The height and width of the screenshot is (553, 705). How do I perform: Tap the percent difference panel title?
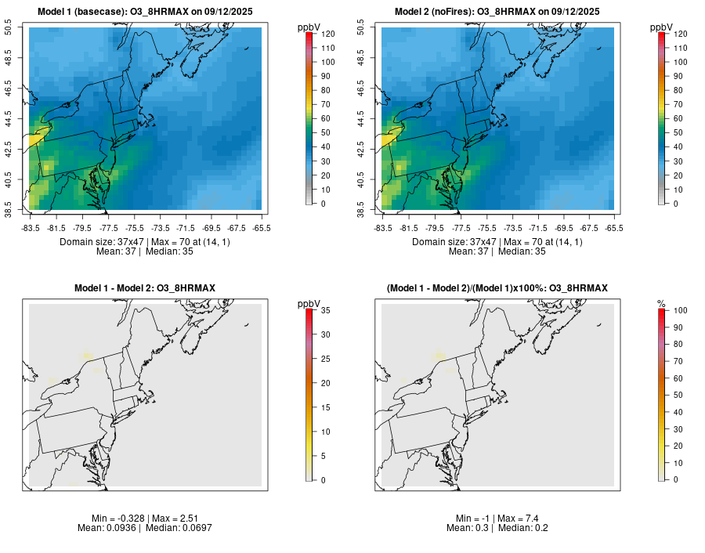497,288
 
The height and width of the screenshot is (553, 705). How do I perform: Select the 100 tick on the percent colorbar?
679,311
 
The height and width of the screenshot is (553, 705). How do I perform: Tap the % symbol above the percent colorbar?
661,303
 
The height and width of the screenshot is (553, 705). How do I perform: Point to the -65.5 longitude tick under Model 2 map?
614,228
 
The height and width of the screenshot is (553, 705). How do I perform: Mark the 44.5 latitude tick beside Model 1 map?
10,119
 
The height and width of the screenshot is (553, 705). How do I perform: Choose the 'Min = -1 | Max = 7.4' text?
497,518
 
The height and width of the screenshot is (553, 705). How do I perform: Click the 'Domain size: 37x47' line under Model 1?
145,242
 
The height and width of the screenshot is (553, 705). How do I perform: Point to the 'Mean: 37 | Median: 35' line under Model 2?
497,251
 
